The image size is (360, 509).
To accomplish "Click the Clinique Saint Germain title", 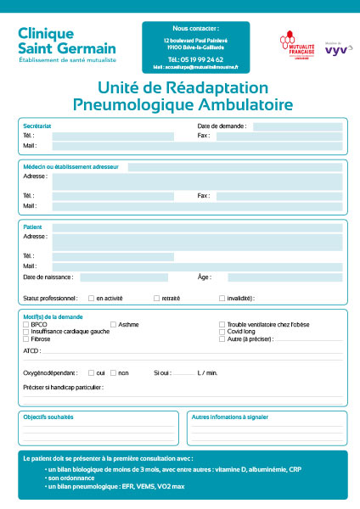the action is [53, 39].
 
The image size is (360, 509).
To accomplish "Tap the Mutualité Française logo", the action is [296, 44].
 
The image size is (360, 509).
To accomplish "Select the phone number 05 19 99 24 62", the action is [195, 59].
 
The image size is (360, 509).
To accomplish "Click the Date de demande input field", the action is [297, 126].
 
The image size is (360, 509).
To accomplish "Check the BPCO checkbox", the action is [25, 324].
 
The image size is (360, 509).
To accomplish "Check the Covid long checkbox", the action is [222, 331].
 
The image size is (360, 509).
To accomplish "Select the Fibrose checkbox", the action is [25, 338].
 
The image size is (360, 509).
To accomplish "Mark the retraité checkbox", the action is [156, 298].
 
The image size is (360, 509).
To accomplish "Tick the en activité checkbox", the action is [91, 298].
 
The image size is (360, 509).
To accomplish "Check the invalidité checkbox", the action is [222, 298].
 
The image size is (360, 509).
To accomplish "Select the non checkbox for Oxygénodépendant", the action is [113, 372].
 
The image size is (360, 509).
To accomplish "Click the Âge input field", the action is [284, 277].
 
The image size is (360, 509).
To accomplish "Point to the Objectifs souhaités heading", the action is [48, 417].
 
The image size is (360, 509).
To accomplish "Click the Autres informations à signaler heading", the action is [230, 417].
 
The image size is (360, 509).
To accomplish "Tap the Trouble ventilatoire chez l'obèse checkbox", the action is [222, 324].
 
